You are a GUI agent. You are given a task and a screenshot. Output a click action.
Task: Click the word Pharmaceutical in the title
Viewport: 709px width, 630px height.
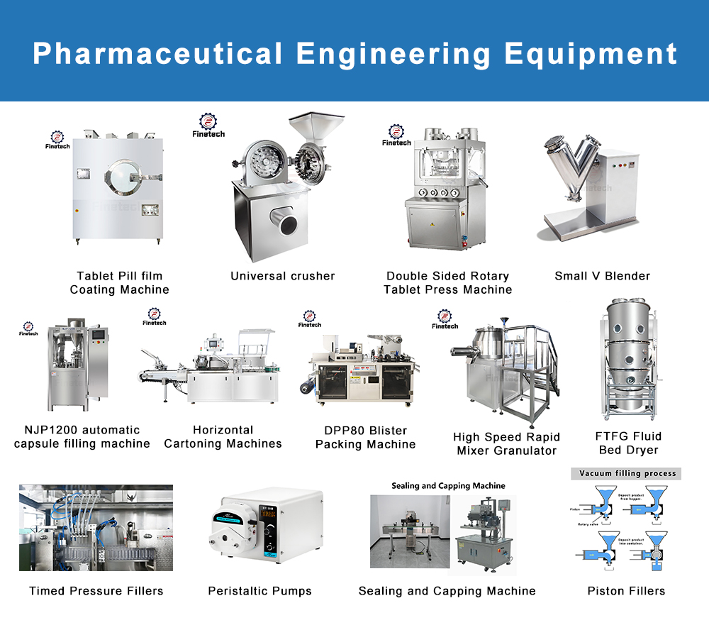click(x=157, y=54)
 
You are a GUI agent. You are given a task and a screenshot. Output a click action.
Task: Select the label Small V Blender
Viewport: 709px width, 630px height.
click(x=602, y=276)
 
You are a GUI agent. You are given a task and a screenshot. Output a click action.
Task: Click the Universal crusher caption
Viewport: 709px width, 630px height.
click(x=282, y=276)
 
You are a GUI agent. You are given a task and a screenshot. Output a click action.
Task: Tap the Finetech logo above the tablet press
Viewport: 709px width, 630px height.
click(x=396, y=134)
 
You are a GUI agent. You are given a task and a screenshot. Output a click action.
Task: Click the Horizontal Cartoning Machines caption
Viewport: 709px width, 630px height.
click(x=223, y=437)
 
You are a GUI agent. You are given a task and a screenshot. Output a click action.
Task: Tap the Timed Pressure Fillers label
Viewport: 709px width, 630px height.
click(x=96, y=591)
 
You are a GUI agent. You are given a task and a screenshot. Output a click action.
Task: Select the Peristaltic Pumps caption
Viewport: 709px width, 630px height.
click(x=259, y=591)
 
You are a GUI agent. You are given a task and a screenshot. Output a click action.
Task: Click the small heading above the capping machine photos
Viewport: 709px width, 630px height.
click(x=448, y=486)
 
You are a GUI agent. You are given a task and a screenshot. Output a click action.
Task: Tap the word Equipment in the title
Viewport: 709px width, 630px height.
click(x=590, y=54)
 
